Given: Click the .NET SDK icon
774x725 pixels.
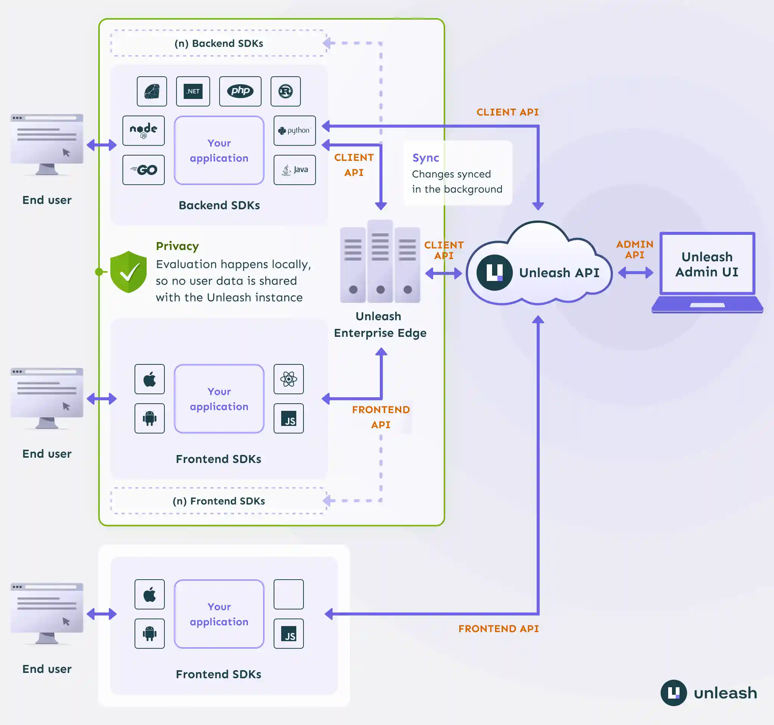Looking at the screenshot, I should coord(193,91).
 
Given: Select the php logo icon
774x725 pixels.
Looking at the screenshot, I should coord(240,91).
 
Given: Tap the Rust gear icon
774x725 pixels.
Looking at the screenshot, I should coord(285,91).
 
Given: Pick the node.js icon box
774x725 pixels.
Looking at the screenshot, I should coord(143,130).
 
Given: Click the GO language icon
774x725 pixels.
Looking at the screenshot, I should coord(143,170).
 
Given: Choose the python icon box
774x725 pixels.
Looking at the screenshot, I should coord(294,130).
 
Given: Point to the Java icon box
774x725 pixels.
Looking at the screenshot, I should coord(294,170).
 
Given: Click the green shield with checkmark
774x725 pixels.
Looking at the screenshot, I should coord(128,272).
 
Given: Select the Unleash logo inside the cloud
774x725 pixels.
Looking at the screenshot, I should coord(494,273).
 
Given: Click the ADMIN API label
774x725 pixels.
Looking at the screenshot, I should coord(635,249).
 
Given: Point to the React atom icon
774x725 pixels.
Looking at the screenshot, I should coord(288,379).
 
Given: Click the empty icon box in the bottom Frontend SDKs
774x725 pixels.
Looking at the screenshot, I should coord(288,594).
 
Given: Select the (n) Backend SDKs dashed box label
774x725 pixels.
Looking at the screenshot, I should coord(218,43).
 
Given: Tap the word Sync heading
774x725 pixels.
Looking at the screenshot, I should coord(426,158).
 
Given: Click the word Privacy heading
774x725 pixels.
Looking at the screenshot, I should coord(177,246).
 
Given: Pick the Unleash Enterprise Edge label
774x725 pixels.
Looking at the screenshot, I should coord(379,324).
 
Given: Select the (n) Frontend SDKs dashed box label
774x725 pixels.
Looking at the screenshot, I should coord(218,501).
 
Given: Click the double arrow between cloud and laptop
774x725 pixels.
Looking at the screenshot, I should coord(635,272).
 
